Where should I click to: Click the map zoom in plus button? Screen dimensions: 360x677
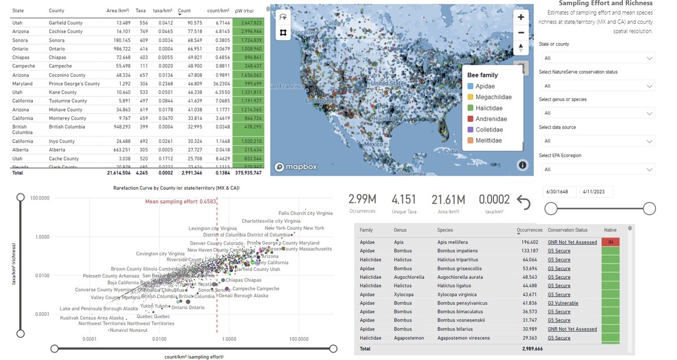tap(521, 17)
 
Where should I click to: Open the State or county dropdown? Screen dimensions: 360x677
tap(597, 58)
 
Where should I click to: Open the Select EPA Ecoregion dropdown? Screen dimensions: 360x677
tap(597, 169)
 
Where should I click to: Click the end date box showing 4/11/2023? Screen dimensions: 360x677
tap(596, 192)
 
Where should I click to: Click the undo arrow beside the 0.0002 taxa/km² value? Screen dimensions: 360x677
tap(524, 202)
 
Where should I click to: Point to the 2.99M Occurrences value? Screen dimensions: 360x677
tap(362, 199)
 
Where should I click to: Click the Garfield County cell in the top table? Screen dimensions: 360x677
tap(65, 23)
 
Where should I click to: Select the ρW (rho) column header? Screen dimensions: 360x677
tap(247, 11)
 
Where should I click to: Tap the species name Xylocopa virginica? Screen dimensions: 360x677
tap(457, 295)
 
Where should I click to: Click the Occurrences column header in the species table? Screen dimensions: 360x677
tap(529, 230)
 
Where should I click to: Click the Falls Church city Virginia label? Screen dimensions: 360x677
tap(305, 213)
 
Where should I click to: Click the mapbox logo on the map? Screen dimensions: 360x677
tap(296, 167)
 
